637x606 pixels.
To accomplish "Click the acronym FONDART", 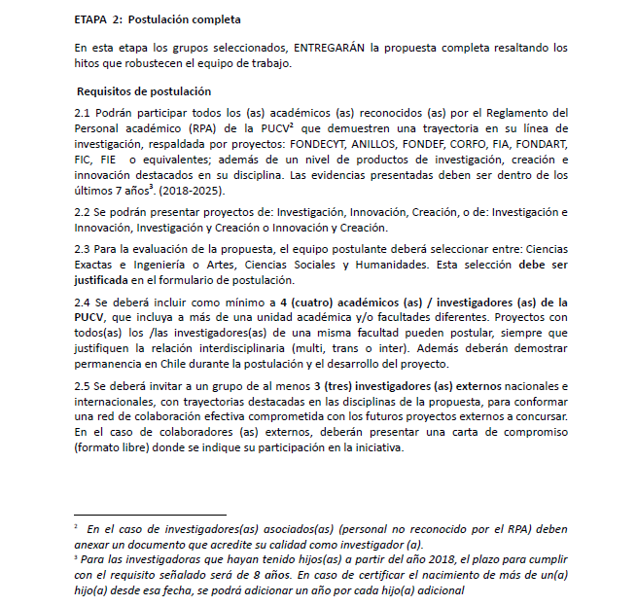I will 542,143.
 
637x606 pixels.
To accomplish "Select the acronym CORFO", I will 459,143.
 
